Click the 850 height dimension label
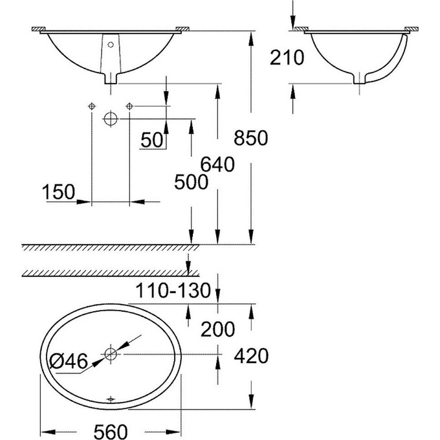click(x=251, y=138)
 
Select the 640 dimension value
click(x=216, y=165)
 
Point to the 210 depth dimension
click(x=287, y=58)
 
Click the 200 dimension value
click(x=216, y=329)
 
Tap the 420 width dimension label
click(x=251, y=355)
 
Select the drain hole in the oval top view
click(x=111, y=354)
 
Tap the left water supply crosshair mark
click(x=91, y=105)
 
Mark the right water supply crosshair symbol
click(x=129, y=105)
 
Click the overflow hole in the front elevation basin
click(x=111, y=45)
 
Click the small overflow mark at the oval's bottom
click(x=111, y=399)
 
